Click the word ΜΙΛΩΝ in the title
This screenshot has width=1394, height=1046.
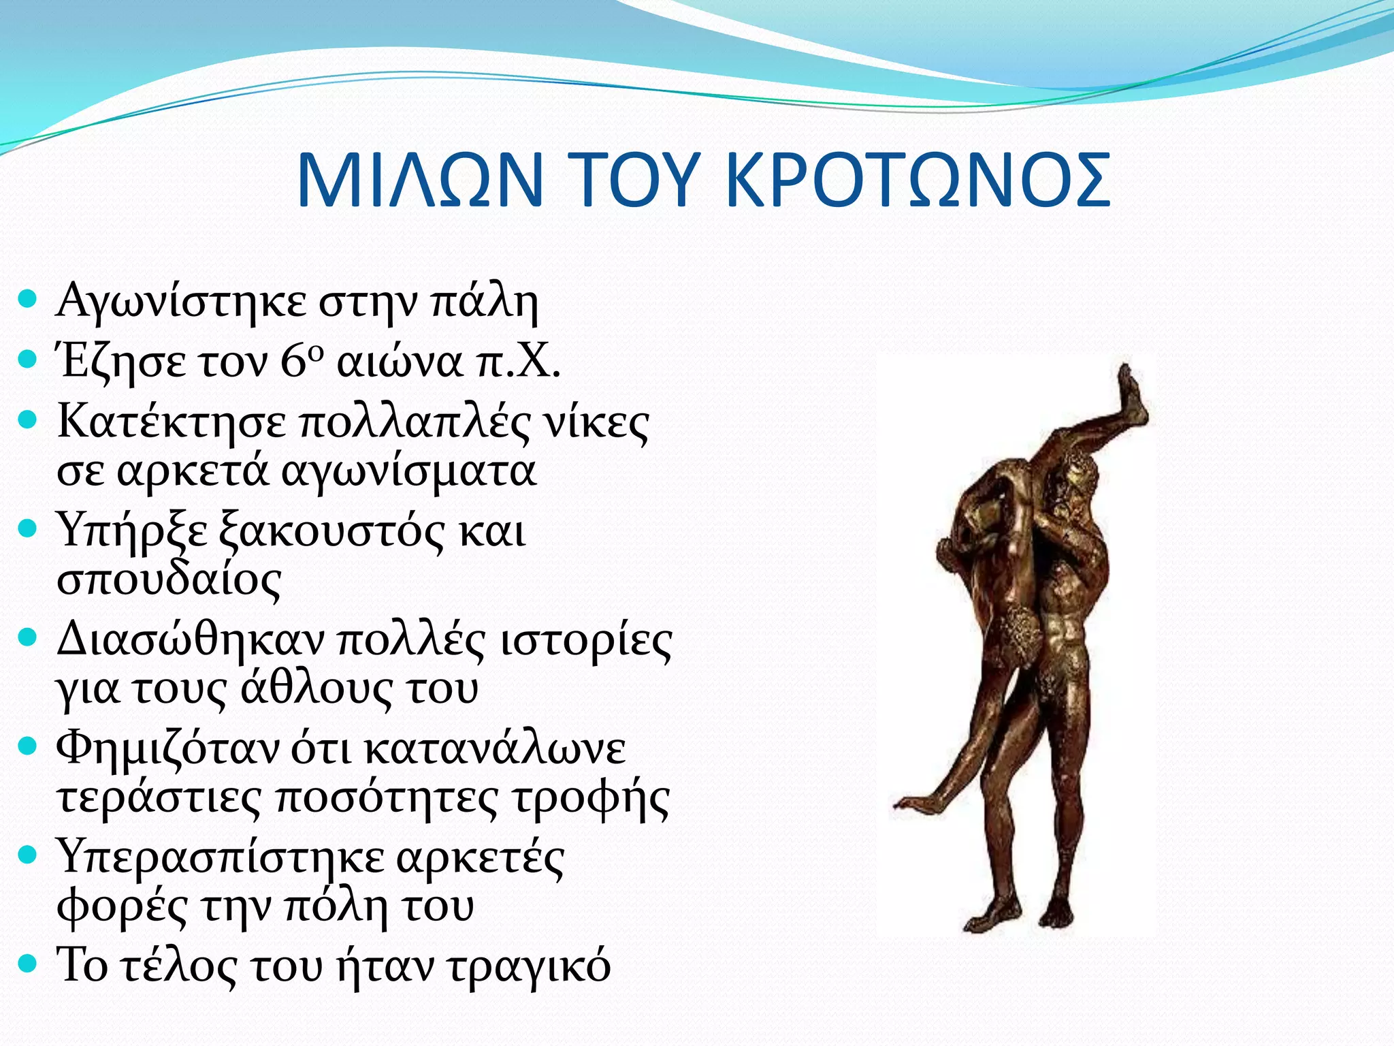click(419, 180)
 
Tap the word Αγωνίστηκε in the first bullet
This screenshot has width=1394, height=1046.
click(181, 302)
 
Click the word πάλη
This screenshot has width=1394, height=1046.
click(484, 302)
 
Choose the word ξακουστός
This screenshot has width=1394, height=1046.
click(331, 530)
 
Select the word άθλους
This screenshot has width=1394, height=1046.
click(317, 688)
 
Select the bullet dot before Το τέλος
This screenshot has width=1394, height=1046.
click(27, 964)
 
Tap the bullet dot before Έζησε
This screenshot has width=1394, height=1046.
click(27, 359)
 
